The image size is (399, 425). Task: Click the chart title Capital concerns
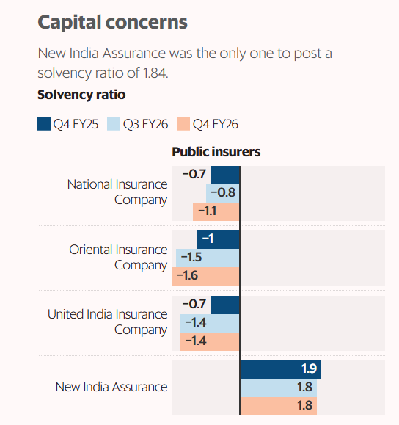tap(112, 23)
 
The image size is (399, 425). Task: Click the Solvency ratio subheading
tap(81, 95)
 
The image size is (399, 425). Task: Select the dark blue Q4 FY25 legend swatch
tap(44, 124)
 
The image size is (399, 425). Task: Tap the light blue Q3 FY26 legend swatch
tap(114, 124)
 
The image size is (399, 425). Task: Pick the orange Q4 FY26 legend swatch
tap(183, 124)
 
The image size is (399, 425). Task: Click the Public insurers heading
tap(216, 152)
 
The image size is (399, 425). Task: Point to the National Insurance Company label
tap(117, 192)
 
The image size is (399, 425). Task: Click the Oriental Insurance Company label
tap(118, 257)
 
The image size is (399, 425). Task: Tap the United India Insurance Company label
tap(108, 322)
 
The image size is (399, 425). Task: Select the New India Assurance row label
tap(111, 387)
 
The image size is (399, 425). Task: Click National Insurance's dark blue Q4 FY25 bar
tap(225, 175)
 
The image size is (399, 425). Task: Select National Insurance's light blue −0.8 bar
tap(223, 194)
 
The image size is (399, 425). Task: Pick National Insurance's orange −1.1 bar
tap(216, 211)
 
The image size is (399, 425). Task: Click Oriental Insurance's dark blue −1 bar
tap(219, 240)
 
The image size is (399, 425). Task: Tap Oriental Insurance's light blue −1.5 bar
tap(208, 258)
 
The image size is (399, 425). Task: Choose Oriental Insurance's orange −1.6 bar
tap(206, 277)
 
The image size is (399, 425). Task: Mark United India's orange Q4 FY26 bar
tap(211, 341)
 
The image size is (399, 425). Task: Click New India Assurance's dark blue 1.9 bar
tap(281, 369)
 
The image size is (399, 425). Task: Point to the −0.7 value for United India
tap(194, 304)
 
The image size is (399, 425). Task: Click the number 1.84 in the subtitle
tap(155, 73)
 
